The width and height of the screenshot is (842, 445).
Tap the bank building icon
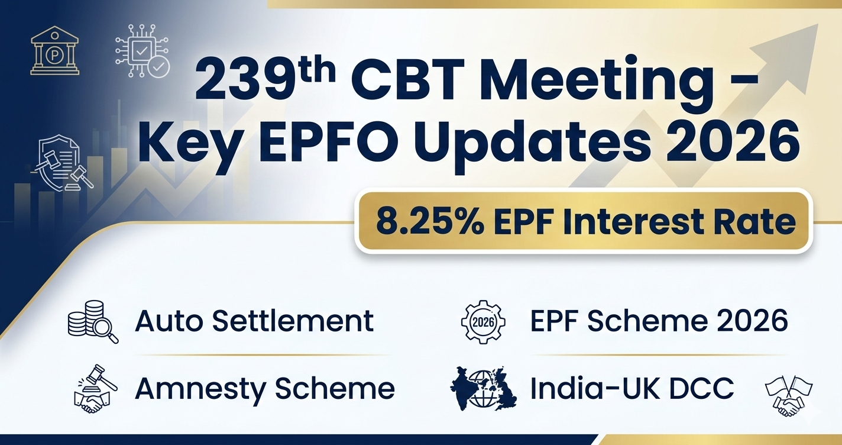coord(55,51)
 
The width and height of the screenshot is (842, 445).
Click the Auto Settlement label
coord(254,321)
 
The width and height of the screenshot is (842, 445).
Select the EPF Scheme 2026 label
coord(659,321)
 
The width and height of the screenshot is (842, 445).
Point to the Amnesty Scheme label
coord(265,389)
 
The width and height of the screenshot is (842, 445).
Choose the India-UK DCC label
coord(631,389)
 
